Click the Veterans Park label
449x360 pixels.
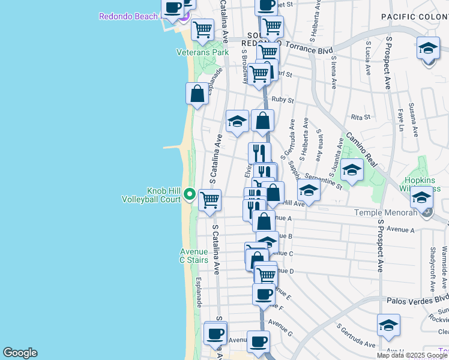202,53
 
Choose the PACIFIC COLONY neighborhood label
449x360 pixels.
415,19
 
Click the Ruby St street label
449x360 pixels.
282,100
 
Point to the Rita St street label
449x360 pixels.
360,117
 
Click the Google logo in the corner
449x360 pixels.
20,353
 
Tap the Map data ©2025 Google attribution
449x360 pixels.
411,355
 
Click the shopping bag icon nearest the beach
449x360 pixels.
197,94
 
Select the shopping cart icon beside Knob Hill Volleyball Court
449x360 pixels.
209,200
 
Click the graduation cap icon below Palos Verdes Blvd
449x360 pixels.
388,325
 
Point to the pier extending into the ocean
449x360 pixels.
176,146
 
